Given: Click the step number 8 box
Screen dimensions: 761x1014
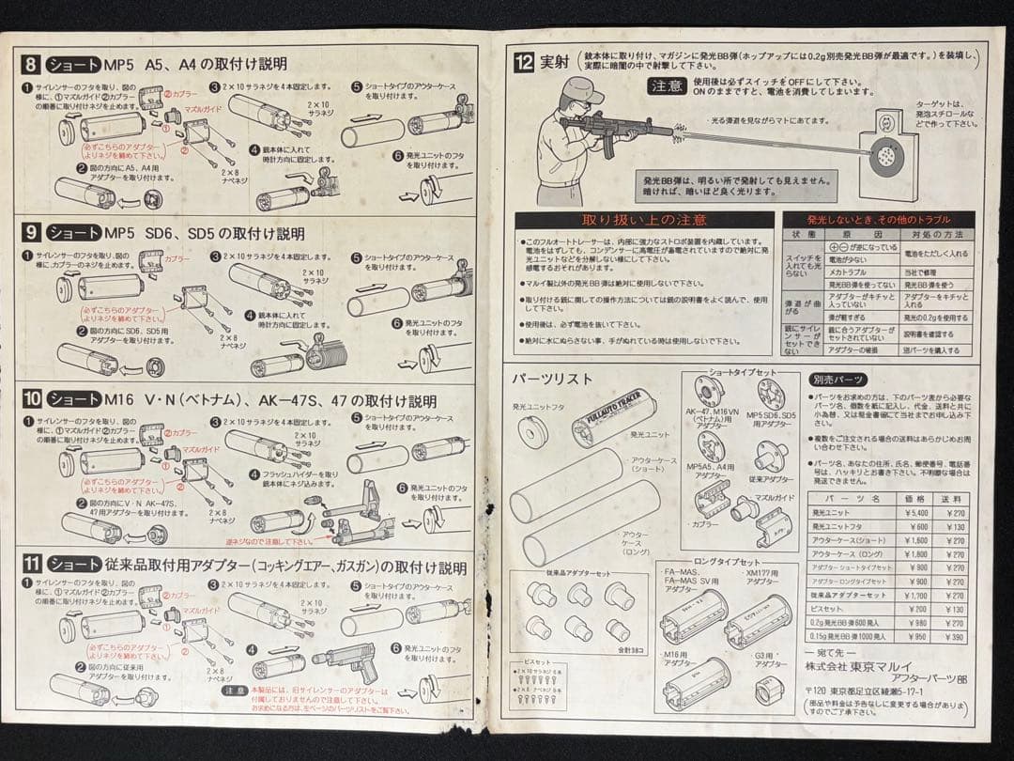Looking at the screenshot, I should (x=32, y=65).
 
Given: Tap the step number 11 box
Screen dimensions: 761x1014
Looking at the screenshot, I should (x=32, y=566).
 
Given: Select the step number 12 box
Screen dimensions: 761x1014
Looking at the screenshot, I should (x=524, y=63).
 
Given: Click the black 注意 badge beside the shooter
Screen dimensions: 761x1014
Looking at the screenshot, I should (x=668, y=85).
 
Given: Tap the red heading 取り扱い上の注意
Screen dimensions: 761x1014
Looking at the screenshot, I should (x=644, y=220).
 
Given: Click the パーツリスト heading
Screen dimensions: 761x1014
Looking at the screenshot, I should (x=552, y=379).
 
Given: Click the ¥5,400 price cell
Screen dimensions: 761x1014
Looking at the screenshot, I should (x=908, y=514).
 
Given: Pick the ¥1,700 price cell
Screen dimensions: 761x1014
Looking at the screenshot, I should (x=908, y=595).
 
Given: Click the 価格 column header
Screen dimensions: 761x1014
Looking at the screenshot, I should (x=908, y=498).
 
